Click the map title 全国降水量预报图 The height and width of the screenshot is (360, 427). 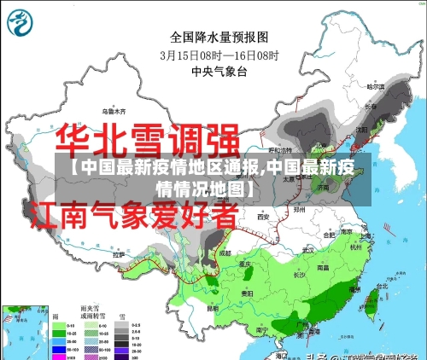219,37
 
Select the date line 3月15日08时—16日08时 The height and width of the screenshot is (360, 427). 219,54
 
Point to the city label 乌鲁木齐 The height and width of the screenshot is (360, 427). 114,111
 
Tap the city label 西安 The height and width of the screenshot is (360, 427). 264,218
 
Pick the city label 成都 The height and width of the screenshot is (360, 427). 225,253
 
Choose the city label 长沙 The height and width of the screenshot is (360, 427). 299,275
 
